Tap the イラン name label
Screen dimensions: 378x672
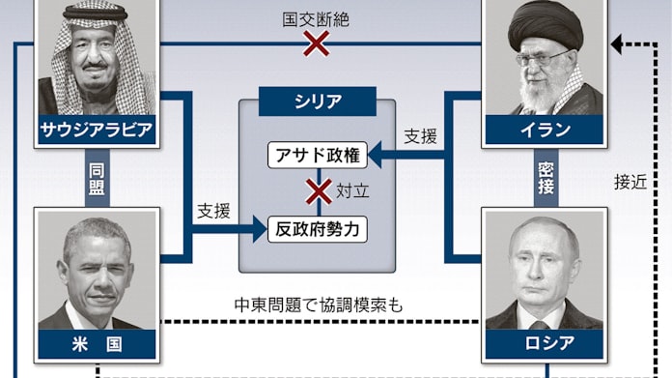[x=545, y=131]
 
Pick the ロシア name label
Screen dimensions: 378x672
[x=545, y=343]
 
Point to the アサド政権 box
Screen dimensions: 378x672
[x=318, y=155]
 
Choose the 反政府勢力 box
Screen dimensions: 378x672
[x=318, y=229]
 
